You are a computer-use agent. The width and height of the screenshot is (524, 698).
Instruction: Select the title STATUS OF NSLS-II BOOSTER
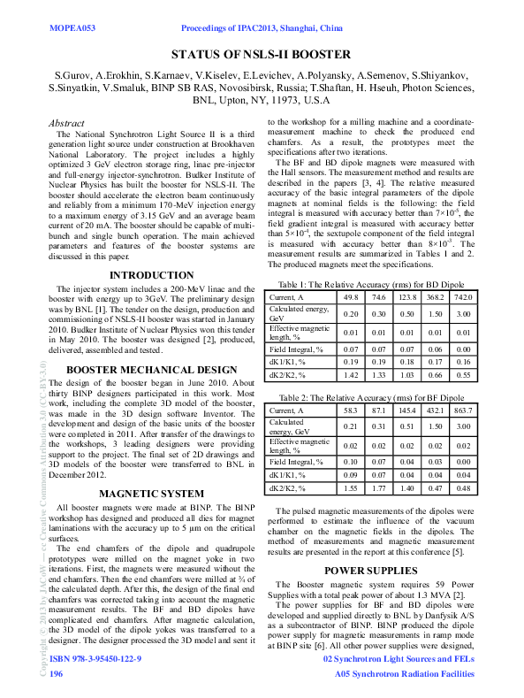click(261, 55)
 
